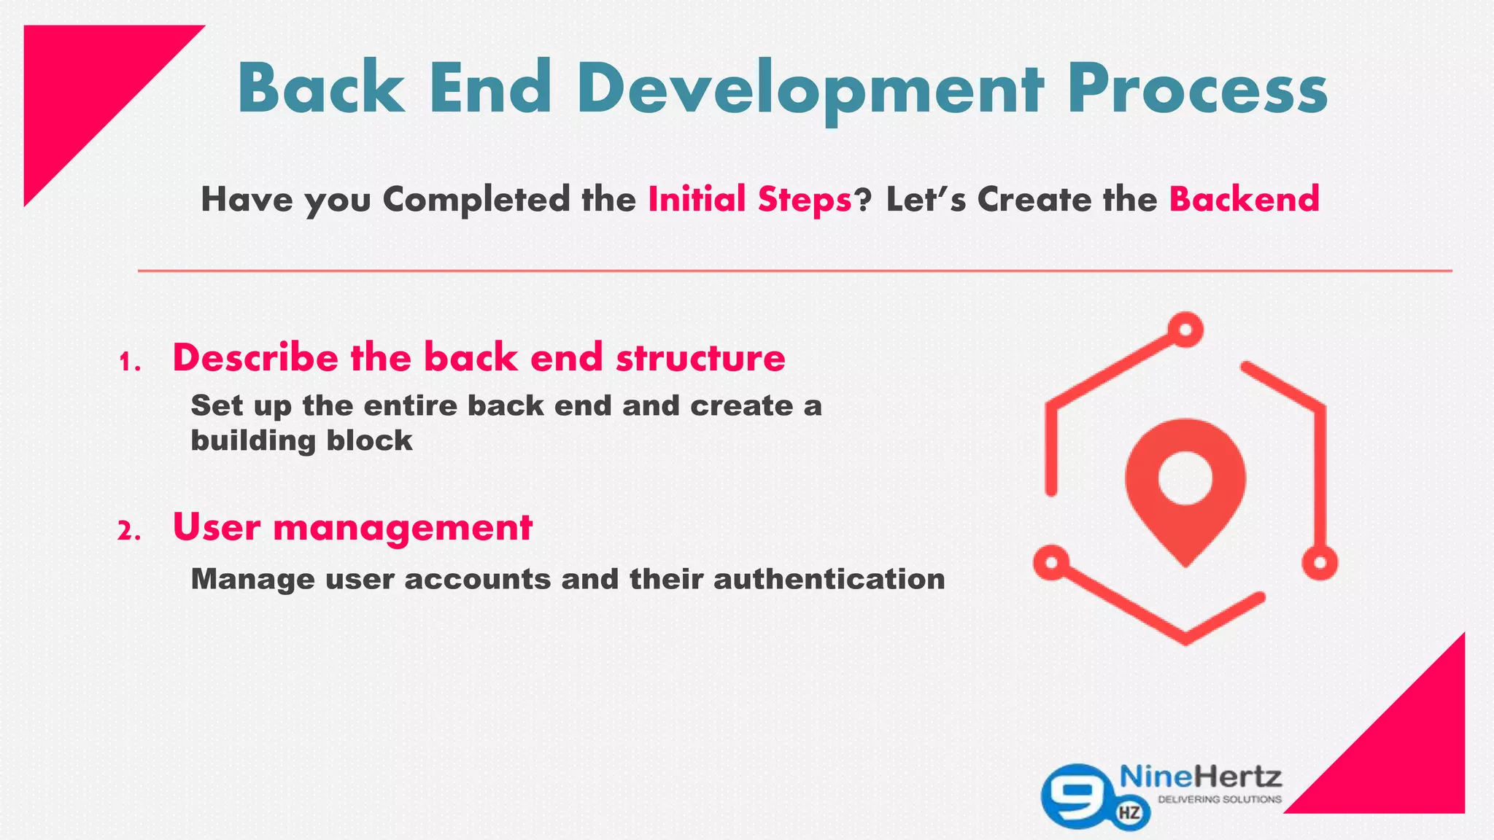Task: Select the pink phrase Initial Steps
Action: tap(750, 199)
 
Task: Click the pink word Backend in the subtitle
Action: tap(1245, 199)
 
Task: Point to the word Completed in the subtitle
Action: tap(476, 200)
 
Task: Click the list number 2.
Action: tap(129, 532)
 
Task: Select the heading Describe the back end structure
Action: tap(479, 357)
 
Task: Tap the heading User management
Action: tap(352, 526)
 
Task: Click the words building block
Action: tap(301, 440)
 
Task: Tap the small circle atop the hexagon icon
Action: tap(1185, 330)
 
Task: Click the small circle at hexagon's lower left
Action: tap(1051, 562)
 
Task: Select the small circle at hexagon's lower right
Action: tap(1320, 562)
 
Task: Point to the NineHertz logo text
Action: tap(1200, 777)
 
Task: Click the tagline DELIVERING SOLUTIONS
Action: tap(1220, 800)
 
